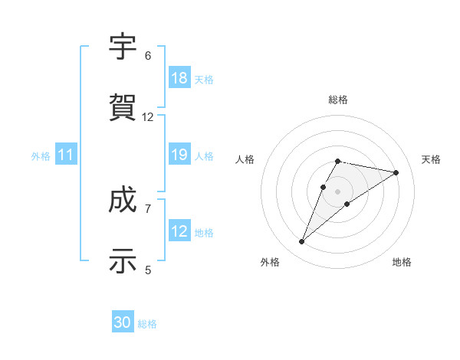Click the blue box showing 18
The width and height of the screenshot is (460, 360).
(x=179, y=78)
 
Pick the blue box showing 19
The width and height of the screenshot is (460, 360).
(x=179, y=155)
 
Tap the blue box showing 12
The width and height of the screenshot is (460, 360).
(x=179, y=232)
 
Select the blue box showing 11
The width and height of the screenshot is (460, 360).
(x=66, y=155)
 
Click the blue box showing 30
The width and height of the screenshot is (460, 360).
(x=123, y=323)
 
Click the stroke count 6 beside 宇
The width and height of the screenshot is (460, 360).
(x=148, y=56)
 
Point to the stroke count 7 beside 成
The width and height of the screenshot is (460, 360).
(x=148, y=208)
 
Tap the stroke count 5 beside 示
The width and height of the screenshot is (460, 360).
(x=148, y=269)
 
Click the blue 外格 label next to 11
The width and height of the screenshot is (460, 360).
(x=41, y=156)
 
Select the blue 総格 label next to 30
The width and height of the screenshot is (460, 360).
(x=147, y=324)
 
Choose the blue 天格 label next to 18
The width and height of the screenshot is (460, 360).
(x=204, y=79)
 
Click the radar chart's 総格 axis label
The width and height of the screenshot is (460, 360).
(x=337, y=100)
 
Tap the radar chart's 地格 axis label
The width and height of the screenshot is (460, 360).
(x=402, y=262)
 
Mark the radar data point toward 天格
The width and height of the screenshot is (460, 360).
(x=396, y=172)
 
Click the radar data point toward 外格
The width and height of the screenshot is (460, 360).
(x=301, y=242)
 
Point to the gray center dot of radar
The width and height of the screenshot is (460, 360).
(x=337, y=191)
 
